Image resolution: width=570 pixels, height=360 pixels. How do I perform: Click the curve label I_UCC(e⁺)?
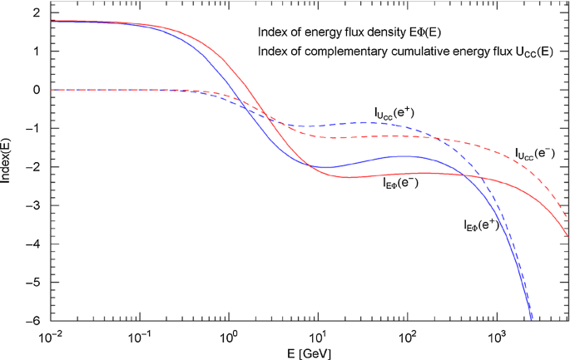point(395,111)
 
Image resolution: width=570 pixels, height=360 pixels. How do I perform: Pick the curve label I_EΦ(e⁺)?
point(481,224)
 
